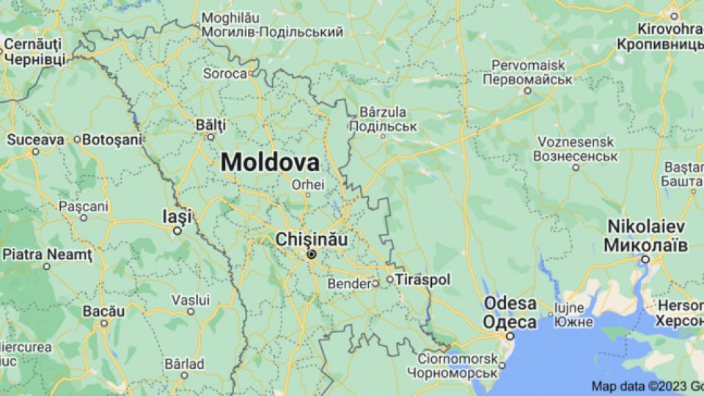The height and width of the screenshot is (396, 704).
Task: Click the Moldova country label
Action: pos(271,162)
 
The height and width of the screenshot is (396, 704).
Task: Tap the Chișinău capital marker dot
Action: pos(312,254)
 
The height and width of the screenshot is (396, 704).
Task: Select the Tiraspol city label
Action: pos(423,279)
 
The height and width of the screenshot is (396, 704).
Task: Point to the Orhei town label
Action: pos(308,184)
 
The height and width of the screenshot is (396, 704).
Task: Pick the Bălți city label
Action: pos(210,125)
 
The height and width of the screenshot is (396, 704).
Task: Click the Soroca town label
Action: pos(225,73)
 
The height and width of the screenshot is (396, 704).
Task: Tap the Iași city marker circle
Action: pos(177,230)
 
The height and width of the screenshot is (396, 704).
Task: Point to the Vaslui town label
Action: pos(191,300)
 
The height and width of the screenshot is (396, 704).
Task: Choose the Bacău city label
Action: pos(103,311)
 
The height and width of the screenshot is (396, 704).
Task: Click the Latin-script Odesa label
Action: pos(510,304)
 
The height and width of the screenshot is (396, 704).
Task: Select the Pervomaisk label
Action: pos(527,65)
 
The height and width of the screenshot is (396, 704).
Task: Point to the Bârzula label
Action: pos(383,113)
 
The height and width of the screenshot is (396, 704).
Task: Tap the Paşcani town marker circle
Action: pos(84,217)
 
